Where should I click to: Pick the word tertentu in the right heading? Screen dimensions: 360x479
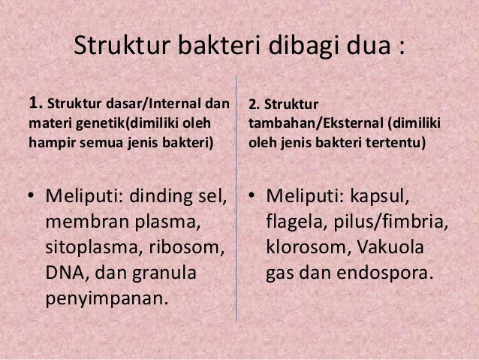pos(397,141)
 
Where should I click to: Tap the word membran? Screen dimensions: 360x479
pos(82,223)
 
